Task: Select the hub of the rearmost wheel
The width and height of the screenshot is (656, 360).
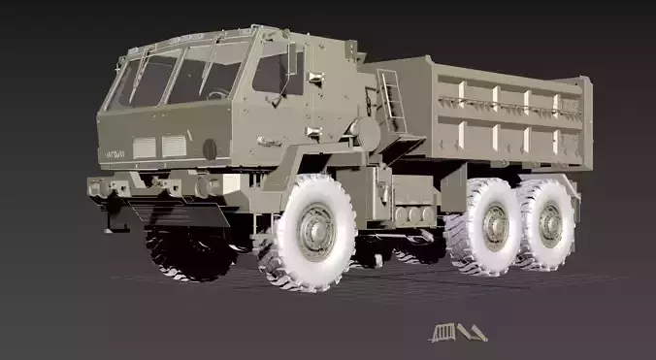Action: [x=550, y=222]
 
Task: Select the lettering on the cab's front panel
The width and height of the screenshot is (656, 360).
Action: [x=116, y=152]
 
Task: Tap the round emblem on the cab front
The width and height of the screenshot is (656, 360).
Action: [x=210, y=148]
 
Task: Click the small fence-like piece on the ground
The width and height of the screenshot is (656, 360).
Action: [x=443, y=333]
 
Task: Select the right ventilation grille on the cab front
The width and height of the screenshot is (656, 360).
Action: [x=175, y=147]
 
